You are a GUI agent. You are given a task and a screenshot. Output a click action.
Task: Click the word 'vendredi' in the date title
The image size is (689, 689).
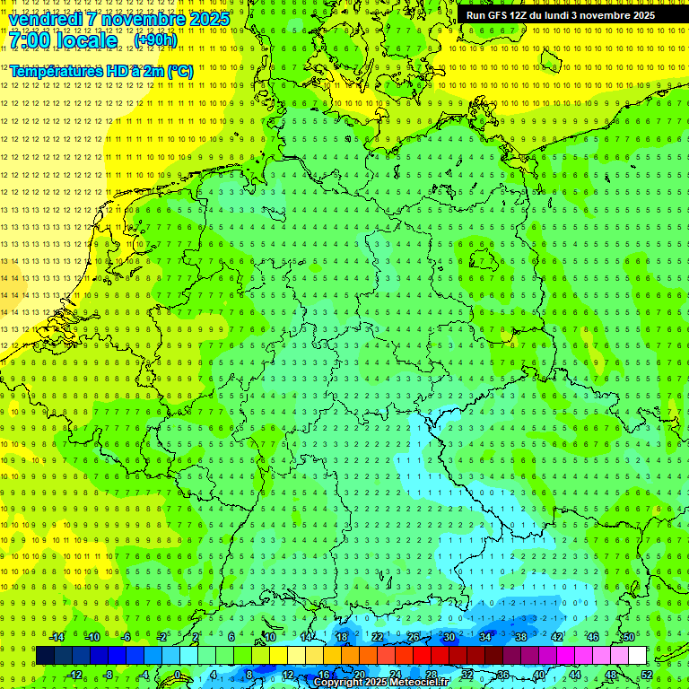click(47, 19)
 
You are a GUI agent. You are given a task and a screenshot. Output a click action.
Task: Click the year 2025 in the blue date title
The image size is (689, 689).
click(209, 19)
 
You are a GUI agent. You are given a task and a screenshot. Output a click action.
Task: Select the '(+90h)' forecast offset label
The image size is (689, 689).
click(155, 40)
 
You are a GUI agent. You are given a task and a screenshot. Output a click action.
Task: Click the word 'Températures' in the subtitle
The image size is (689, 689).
click(57, 71)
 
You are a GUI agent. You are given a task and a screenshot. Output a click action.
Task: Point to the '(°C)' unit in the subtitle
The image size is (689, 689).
click(179, 71)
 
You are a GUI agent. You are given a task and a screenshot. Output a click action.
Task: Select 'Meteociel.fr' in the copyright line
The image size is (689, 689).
click(419, 683)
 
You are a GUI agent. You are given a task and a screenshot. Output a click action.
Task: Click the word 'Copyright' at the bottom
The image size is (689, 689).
click(338, 683)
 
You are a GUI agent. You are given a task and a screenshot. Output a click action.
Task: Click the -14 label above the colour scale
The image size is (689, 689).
click(57, 637)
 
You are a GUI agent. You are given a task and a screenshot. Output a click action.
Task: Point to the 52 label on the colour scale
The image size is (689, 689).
click(646, 675)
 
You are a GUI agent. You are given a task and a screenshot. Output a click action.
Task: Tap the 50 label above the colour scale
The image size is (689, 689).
click(629, 637)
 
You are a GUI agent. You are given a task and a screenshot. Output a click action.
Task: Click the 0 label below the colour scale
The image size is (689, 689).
click(177, 675)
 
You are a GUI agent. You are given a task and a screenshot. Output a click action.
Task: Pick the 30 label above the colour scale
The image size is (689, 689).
click(449, 637)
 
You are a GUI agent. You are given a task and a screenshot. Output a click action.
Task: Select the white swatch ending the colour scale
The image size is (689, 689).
click(637, 656)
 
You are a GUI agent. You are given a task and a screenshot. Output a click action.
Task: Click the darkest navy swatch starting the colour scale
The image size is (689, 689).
click(45, 656)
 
